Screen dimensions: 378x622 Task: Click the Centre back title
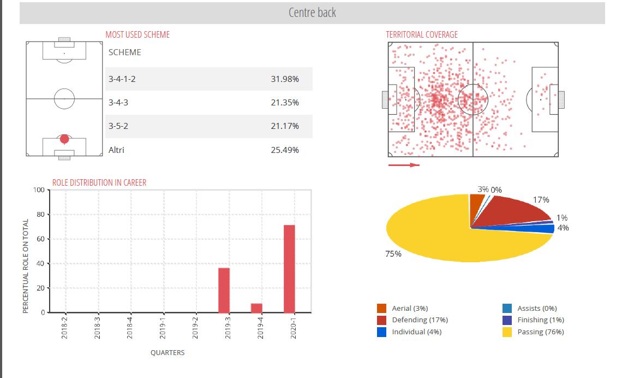point(312,12)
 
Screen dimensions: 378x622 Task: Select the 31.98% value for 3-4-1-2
point(285,79)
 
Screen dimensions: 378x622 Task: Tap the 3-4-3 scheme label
point(118,103)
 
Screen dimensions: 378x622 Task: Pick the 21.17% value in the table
point(285,126)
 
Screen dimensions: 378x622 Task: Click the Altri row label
point(116,150)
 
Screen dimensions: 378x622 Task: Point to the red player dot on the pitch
point(64,139)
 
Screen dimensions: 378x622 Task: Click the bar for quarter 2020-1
point(289,269)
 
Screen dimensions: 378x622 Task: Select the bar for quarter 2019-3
point(224,290)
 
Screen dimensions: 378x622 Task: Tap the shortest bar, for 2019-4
point(256,308)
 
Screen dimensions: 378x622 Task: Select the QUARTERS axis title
point(168,353)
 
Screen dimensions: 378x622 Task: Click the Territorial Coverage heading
point(422,34)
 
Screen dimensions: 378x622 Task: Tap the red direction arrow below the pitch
point(404,165)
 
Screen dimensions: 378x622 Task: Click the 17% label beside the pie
point(541,200)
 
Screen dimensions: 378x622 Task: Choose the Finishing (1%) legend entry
point(540,320)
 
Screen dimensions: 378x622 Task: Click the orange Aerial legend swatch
point(382,309)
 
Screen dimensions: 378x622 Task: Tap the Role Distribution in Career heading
point(99,182)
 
